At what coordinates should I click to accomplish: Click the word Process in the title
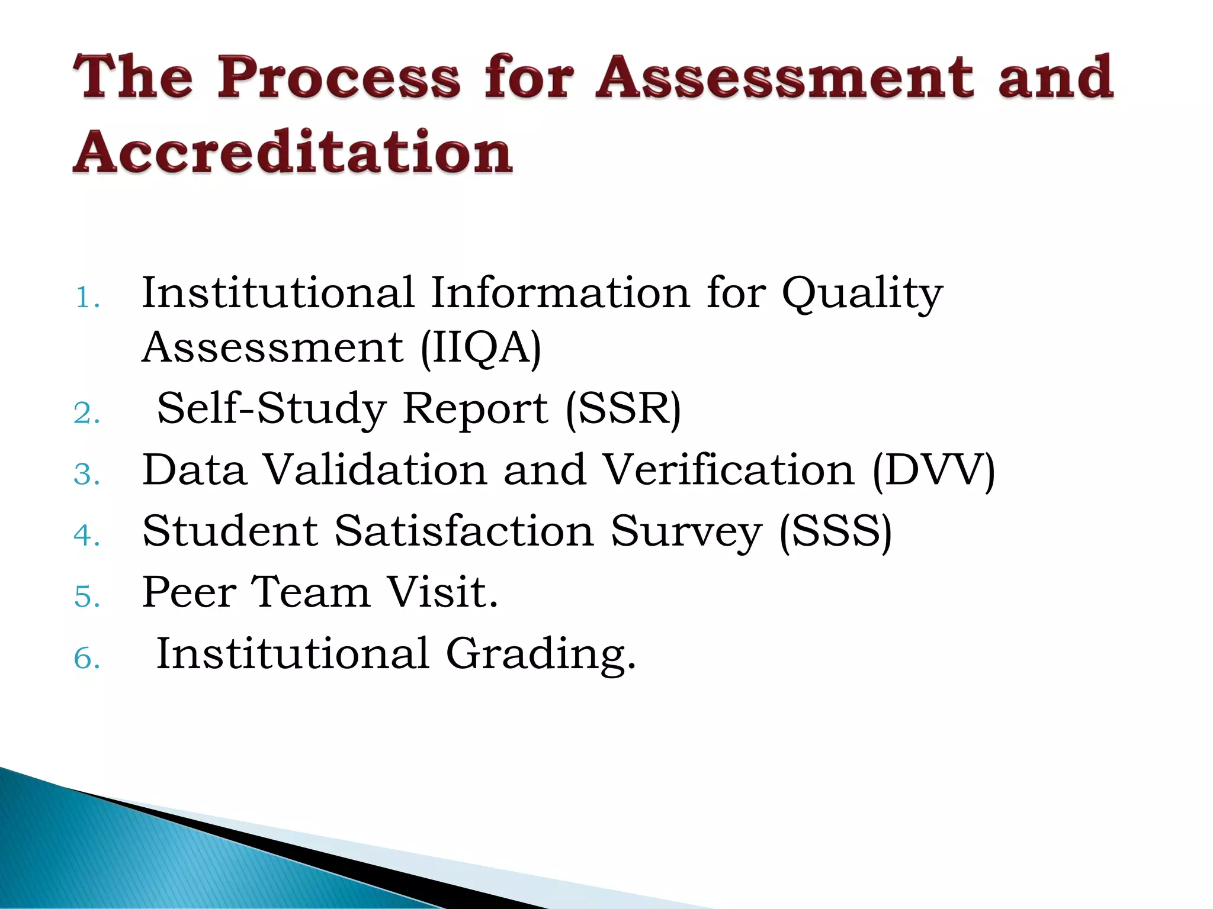pos(338,77)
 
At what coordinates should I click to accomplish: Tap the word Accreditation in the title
pos(293,152)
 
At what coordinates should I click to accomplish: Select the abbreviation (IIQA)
pos(480,347)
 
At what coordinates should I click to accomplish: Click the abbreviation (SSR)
pos(623,409)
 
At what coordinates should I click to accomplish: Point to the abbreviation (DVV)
pos(933,470)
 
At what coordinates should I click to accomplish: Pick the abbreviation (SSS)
pos(835,531)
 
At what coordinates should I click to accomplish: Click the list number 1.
pos(86,298)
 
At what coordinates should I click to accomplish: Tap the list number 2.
pos(86,413)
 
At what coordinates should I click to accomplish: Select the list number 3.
pos(86,475)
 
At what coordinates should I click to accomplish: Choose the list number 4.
pos(86,536)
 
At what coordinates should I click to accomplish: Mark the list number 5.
pos(86,597)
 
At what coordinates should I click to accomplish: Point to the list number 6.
pos(86,659)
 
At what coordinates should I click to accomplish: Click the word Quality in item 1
pos(862,294)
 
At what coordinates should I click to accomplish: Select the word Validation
pos(375,470)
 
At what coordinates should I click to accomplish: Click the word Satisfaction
pos(464,531)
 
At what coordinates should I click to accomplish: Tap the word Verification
pos(729,470)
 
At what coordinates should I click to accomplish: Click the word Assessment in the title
pos(785,77)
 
